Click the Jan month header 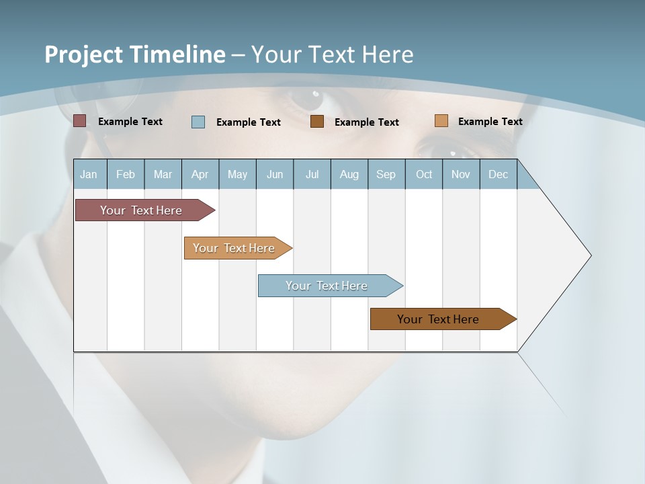pos(89,175)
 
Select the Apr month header pos(200,175)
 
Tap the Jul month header pos(312,175)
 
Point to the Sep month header pos(386,175)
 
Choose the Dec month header pos(498,175)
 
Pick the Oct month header pos(423,175)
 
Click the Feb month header pos(126,175)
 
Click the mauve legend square pos(80,121)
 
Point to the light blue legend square pos(198,122)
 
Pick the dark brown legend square pos(317,122)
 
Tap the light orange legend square pos(441,121)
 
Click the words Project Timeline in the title pos(134,54)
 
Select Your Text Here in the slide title pos(332,54)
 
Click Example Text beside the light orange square pos(490,122)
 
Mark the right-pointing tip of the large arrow pos(589,255)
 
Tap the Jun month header pos(275,175)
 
